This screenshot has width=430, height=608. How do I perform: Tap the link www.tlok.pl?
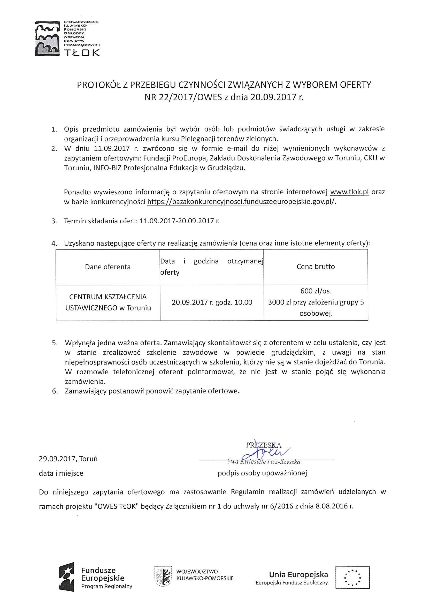(350, 192)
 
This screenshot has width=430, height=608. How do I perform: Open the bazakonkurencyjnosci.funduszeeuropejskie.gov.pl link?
(242, 202)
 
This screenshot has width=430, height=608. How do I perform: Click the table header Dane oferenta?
(108, 267)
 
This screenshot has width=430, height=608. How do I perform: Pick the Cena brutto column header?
(316, 267)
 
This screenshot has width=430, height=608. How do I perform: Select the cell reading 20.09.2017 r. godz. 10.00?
(212, 302)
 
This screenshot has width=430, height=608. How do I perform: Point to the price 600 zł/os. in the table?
(316, 291)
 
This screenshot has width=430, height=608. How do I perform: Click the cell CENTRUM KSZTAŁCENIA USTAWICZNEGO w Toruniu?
(108, 302)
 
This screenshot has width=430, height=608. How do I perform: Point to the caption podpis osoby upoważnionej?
(262, 473)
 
